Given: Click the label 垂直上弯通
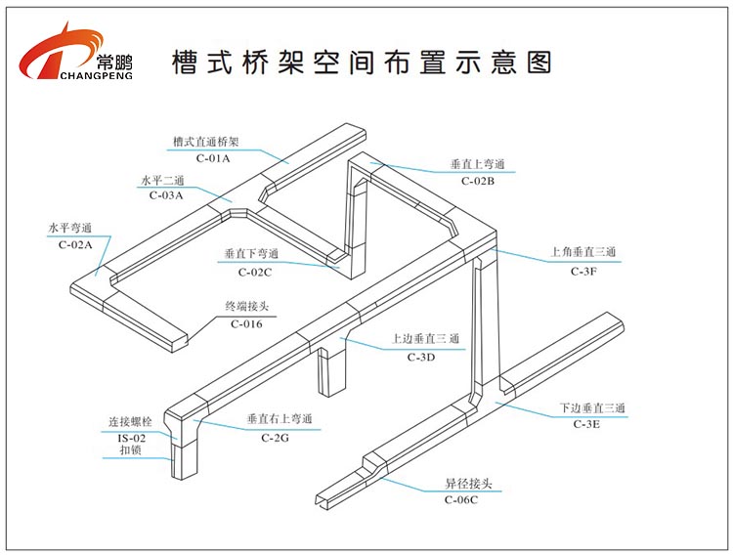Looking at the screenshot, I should (478, 165).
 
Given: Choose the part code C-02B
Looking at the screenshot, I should (478, 180).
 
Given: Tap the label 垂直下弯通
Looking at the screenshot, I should (251, 254).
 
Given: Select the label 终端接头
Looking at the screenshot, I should (246, 307).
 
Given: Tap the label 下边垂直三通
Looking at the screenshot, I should (591, 407).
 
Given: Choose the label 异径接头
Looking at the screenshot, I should (459, 485).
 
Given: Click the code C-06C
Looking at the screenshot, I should (459, 500).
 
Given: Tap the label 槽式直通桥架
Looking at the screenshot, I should (212, 142).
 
